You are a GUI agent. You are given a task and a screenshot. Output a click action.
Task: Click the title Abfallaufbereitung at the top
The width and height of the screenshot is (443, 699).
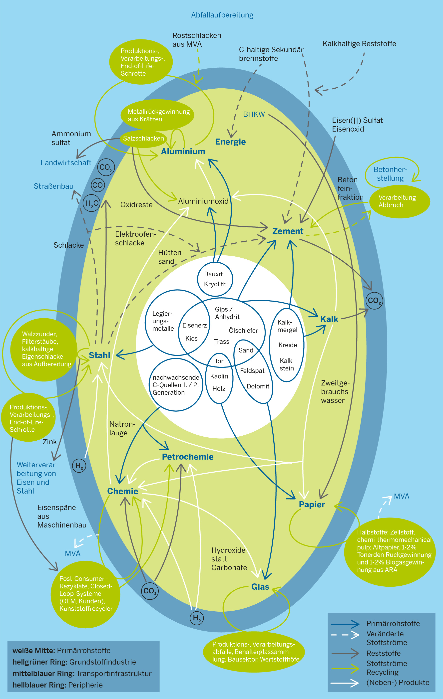tap(222, 15)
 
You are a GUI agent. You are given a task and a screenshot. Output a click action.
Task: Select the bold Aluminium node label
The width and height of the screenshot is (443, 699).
tap(183, 152)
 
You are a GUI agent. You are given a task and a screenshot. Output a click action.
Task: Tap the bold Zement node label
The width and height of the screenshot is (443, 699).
tap(288, 231)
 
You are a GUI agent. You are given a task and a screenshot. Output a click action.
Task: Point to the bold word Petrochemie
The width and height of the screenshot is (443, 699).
tap(188, 457)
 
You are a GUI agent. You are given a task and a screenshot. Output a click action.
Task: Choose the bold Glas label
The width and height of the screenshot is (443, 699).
tap(260, 587)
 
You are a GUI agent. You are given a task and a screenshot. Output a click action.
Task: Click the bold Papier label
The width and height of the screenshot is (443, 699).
tap(312, 504)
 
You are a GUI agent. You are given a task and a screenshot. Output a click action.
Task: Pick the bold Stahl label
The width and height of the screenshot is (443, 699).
tap(99, 355)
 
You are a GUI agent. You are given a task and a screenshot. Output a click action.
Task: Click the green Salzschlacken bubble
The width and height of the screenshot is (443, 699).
tap(143, 139)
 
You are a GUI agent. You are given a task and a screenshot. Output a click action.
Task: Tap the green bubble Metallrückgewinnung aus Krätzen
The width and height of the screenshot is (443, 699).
tap(157, 115)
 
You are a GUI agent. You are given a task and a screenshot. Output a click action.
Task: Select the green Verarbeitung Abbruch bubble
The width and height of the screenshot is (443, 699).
tap(400, 201)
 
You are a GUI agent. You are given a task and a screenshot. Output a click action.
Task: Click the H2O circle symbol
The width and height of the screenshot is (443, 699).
tap(91, 203)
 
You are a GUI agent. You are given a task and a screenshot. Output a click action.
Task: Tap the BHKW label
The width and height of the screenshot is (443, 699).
tap(254, 114)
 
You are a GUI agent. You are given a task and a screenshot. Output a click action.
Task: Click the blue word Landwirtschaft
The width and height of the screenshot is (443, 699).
tap(66, 163)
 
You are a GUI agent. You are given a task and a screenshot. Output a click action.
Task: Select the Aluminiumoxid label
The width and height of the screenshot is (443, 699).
tap(203, 201)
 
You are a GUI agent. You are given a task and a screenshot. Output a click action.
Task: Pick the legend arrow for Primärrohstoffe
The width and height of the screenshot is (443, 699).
tap(345, 624)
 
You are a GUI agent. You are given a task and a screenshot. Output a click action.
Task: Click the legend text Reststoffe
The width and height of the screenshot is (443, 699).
tap(384, 653)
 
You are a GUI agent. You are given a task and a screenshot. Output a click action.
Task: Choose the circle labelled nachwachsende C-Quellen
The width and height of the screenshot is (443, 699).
tap(176, 385)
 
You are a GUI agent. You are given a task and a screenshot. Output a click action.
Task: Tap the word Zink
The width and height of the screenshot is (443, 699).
tap(50, 442)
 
